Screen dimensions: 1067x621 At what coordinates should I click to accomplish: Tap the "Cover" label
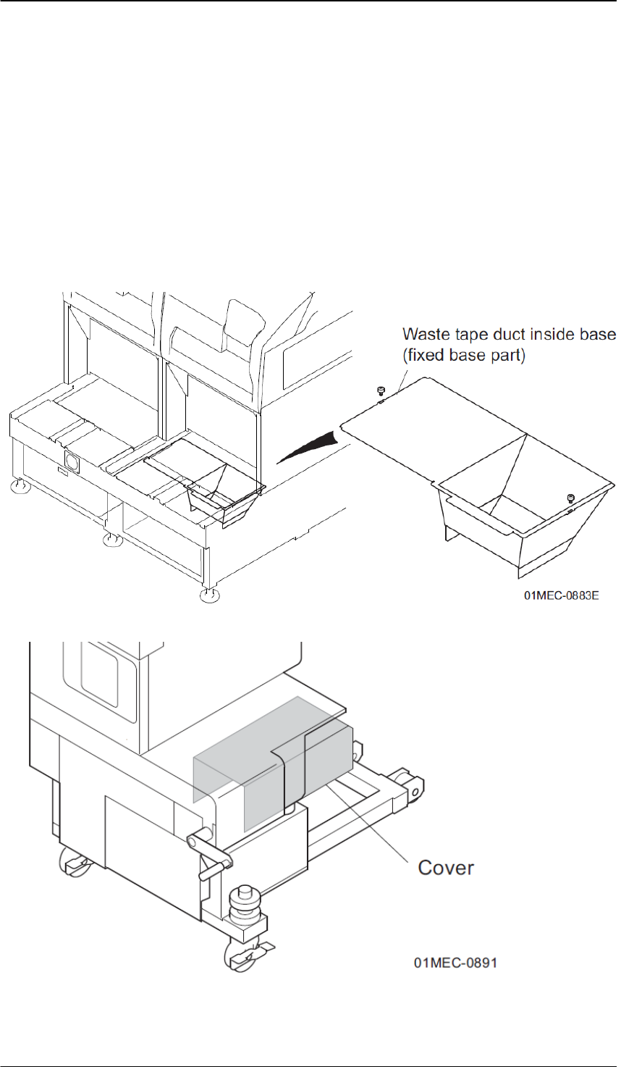[x=446, y=867]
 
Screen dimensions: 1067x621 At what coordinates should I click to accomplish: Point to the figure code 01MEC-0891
[x=455, y=963]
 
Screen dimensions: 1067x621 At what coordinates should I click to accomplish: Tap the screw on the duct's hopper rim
[x=570, y=498]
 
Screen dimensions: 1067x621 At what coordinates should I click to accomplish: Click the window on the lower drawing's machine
[x=108, y=681]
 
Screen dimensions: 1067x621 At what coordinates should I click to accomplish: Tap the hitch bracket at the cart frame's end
[x=411, y=787]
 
